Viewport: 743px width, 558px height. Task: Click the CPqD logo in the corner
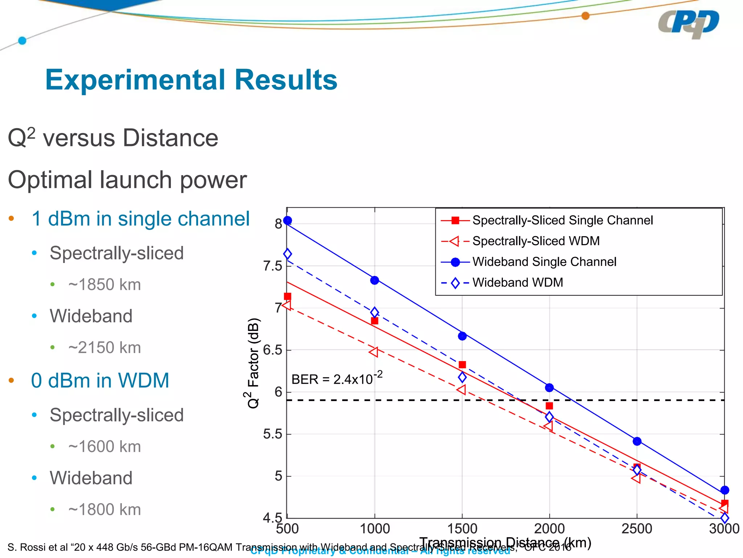click(x=688, y=24)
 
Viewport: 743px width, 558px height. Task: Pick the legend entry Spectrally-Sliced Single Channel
click(x=562, y=220)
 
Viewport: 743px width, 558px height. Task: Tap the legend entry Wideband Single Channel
click(x=544, y=262)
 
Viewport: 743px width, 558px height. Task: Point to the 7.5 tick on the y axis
click(x=273, y=266)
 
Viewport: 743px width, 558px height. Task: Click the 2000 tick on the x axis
click(x=549, y=529)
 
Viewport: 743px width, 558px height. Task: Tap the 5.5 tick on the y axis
click(x=273, y=434)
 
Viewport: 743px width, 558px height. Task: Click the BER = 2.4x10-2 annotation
click(x=337, y=379)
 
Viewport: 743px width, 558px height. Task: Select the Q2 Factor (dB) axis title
click(x=253, y=363)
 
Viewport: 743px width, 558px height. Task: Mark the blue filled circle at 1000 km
click(x=375, y=280)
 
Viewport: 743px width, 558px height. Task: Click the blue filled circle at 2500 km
click(x=637, y=441)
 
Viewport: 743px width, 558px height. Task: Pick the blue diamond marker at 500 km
click(x=287, y=254)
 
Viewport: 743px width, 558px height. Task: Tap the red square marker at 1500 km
click(x=462, y=365)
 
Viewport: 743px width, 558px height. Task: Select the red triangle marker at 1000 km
click(x=374, y=352)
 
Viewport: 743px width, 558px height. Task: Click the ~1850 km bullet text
click(x=104, y=284)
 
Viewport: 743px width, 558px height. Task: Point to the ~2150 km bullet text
click(x=104, y=348)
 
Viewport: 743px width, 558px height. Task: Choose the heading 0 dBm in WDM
click(x=100, y=380)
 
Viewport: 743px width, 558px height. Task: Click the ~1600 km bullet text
click(x=104, y=446)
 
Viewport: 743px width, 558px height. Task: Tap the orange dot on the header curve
click(x=585, y=16)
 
